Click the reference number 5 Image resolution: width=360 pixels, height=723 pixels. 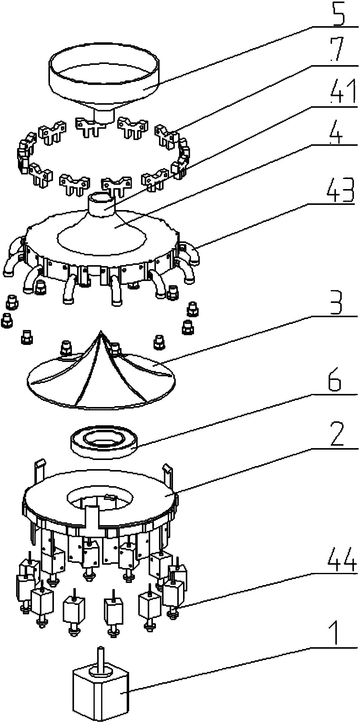pyautogui.click(x=335, y=14)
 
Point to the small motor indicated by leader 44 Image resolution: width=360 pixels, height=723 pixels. pyautogui.click(x=173, y=592)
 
